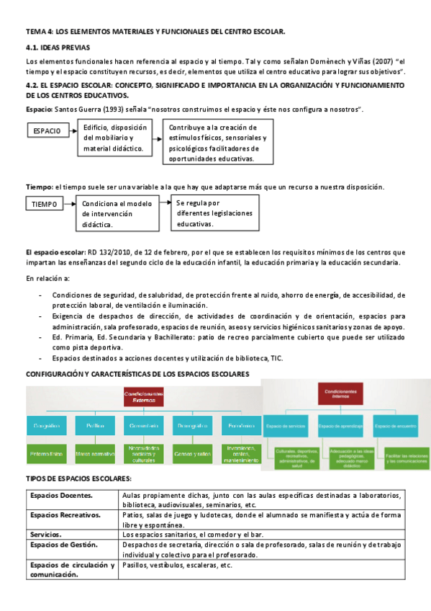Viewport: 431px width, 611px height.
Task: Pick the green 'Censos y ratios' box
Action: [x=193, y=454]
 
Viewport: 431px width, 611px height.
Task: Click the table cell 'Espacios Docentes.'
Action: [x=61, y=496]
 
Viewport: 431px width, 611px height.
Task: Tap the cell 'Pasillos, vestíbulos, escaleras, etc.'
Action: [x=178, y=566]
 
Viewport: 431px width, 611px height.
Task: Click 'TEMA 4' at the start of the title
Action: [x=39, y=32]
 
